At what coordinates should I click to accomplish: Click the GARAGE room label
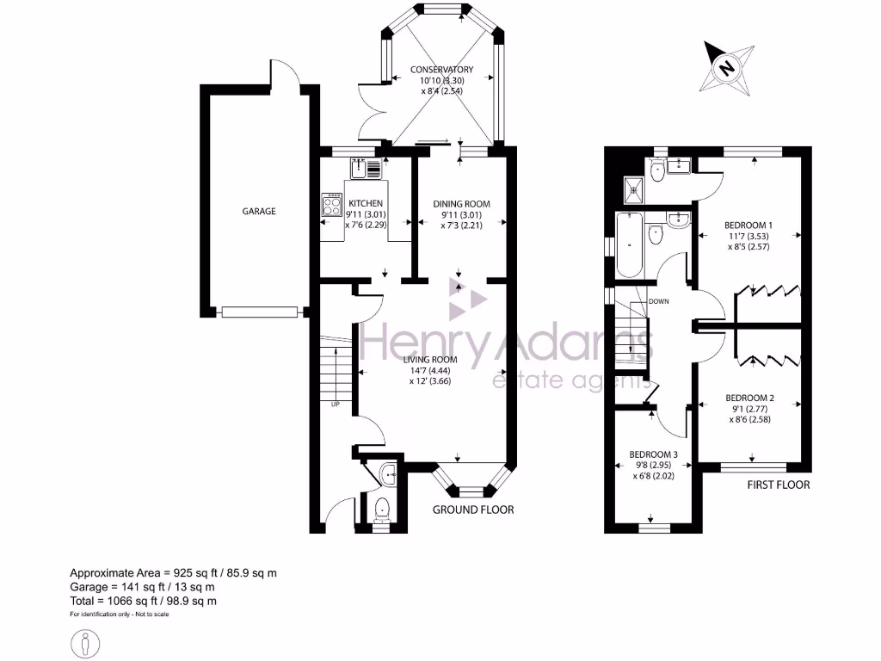258,211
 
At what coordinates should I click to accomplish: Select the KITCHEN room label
365,204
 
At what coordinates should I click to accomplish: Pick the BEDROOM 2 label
749,398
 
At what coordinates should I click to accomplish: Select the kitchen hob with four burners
332,205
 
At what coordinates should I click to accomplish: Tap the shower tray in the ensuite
633,188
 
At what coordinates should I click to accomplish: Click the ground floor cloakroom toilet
383,511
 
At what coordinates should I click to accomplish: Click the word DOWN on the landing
659,301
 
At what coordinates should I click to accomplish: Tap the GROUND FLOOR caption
472,510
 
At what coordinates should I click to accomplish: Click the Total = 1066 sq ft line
143,601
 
